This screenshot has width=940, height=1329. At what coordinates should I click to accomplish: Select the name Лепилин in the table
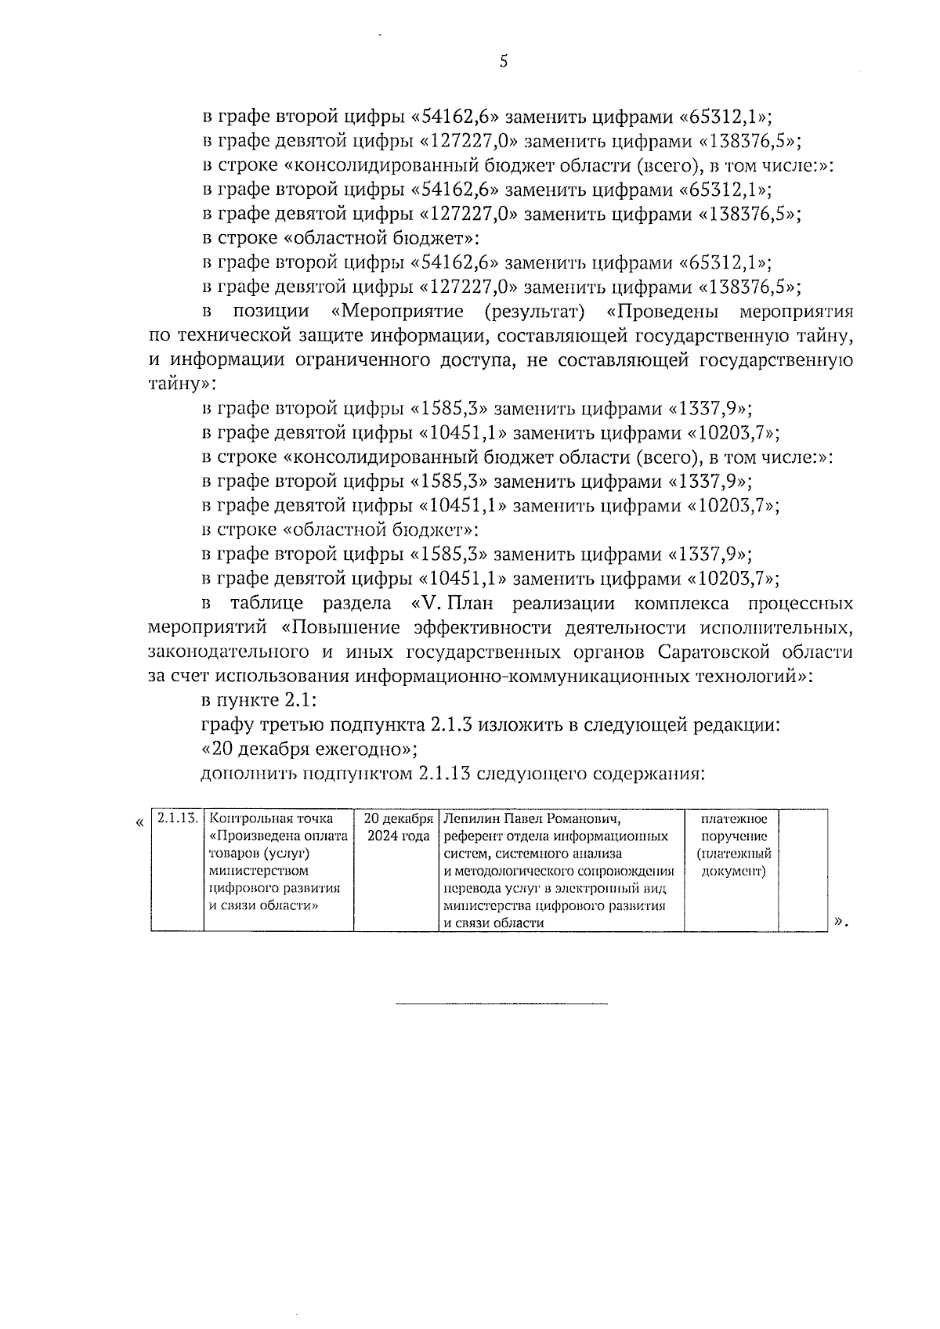point(470,819)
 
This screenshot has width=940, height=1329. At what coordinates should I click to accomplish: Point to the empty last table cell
point(804,869)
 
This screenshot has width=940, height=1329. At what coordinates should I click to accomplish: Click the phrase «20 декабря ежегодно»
point(309,749)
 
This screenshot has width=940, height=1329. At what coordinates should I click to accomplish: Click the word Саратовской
point(729,652)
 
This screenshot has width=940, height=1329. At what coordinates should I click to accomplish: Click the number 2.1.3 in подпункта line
point(450,724)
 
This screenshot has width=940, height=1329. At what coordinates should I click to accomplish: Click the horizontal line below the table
point(501,1003)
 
